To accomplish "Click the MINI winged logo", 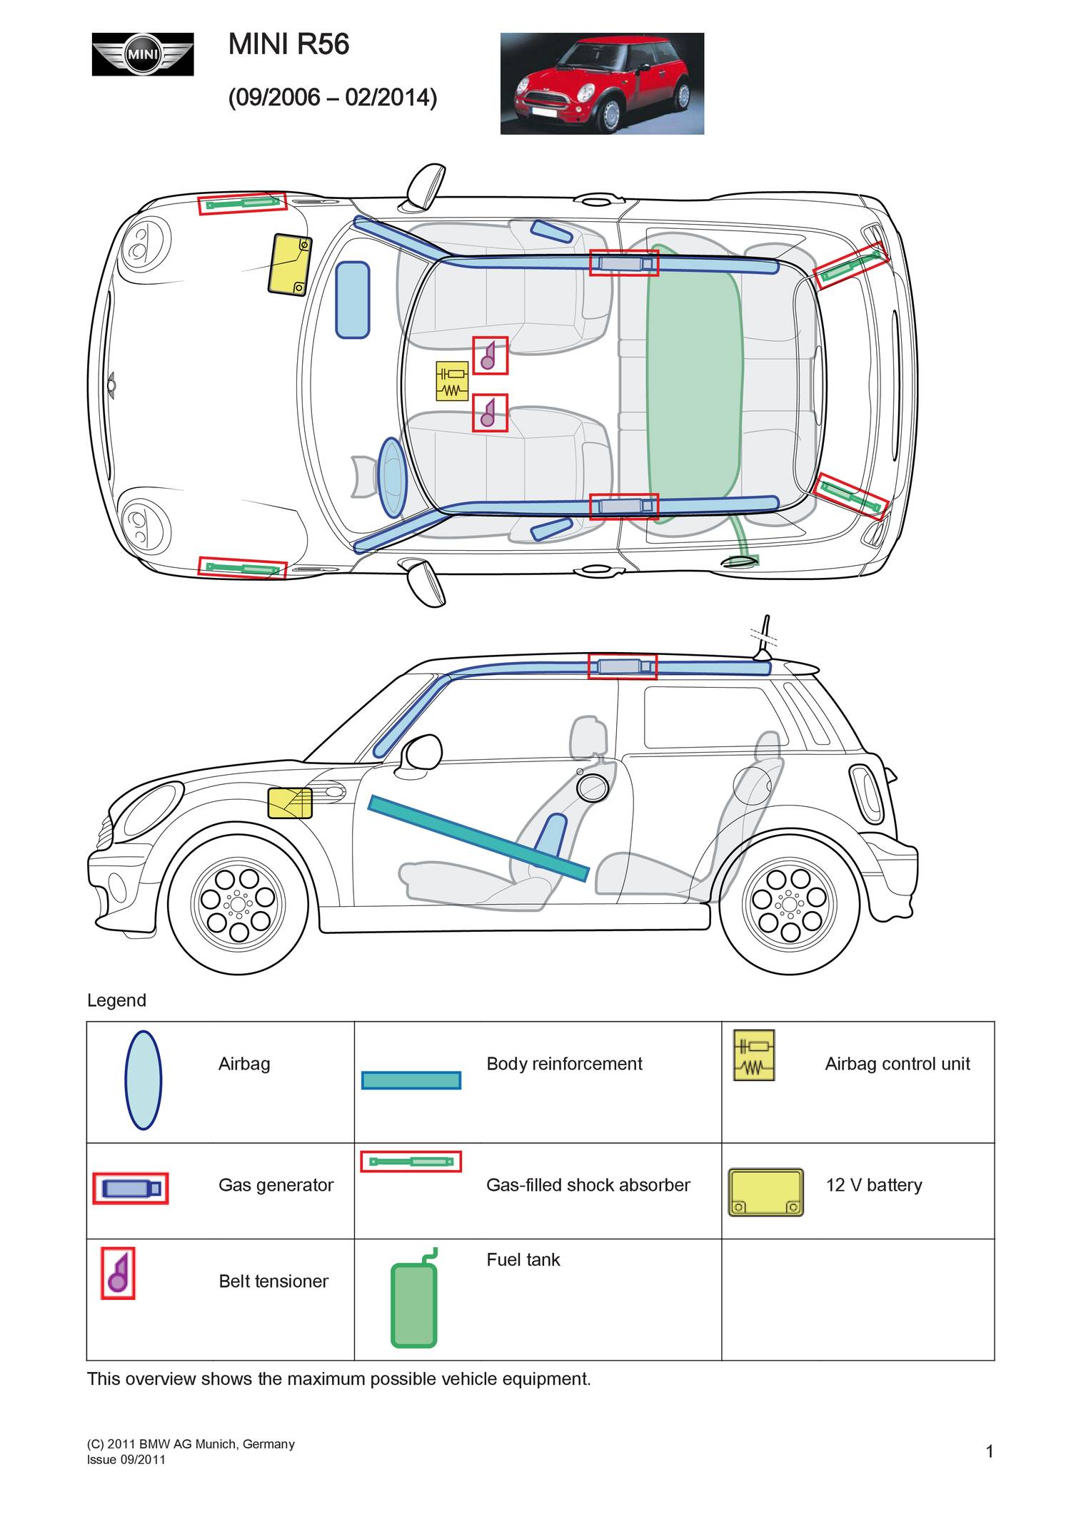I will pos(143,54).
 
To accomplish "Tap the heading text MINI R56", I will pos(288,45).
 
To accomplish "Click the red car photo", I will pos(602,83).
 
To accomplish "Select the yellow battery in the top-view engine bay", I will pos(289,264).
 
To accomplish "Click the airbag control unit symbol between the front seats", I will pos(452,381).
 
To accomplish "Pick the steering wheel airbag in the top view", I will pos(392,477).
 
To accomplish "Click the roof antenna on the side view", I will pos(764,637).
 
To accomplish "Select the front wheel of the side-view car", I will pos(238,905).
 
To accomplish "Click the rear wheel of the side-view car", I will pos(789,905).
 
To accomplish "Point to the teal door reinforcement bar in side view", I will pos(478,838).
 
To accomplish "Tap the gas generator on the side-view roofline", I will pos(622,666).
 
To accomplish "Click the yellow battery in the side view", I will pos(290,803).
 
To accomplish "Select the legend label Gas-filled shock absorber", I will pos(588,1185).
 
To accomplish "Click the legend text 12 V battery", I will pos(873,1185).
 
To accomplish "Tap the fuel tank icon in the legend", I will pos(414,1303).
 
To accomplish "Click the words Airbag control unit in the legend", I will pos(897,1064).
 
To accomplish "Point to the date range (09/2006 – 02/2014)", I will pos(332,97).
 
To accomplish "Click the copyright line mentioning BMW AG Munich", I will pos(191,1444).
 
